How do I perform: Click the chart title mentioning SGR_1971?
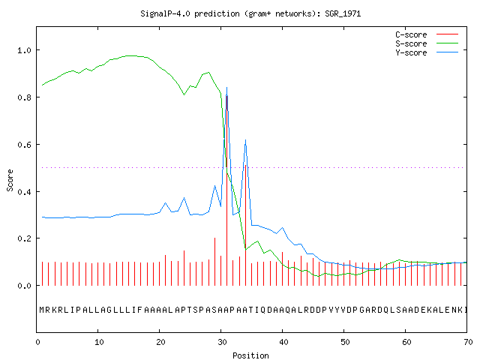(250, 13)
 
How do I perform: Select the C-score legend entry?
(427, 34)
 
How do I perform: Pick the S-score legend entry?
(427, 43)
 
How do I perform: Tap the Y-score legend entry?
(427, 52)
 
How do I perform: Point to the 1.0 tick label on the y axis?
(24, 50)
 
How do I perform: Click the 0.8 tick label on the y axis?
(24, 97)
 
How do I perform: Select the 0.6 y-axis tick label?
(24, 145)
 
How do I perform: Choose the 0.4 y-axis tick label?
(24, 192)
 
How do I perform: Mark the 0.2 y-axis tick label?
(24, 238)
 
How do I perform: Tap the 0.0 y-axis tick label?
(24, 286)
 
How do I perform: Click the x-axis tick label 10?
(99, 342)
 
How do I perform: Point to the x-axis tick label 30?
(222, 342)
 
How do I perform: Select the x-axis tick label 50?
(345, 342)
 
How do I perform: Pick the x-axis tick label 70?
(468, 342)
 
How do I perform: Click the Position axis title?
(250, 355)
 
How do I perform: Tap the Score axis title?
(10, 180)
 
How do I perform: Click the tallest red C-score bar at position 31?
(226, 190)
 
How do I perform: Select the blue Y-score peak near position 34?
(245, 140)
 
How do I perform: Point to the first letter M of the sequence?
(42, 310)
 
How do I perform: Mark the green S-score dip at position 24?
(184, 94)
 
